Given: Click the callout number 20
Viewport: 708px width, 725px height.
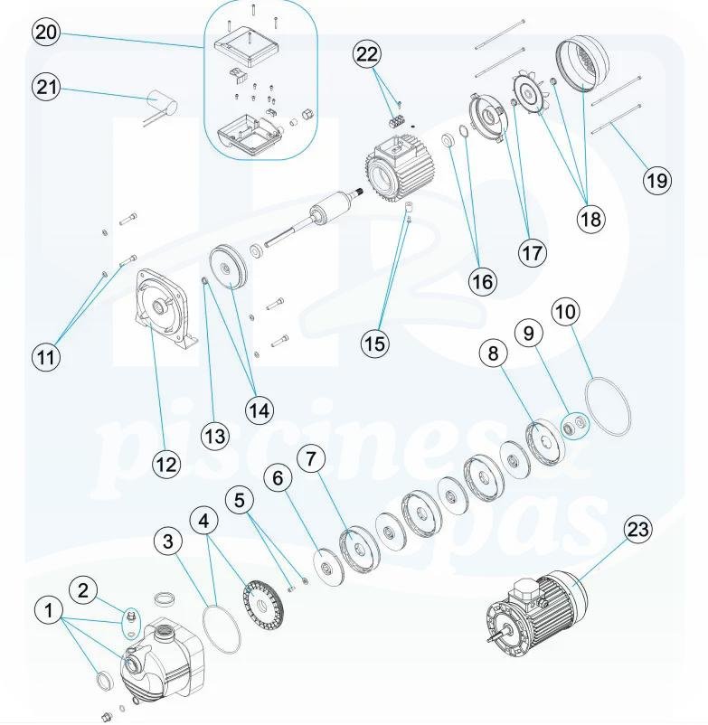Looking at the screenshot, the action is click(x=46, y=33).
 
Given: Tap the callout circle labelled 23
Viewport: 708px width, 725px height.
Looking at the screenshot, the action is click(x=637, y=529).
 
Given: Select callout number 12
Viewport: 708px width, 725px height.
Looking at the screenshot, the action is click(x=166, y=464).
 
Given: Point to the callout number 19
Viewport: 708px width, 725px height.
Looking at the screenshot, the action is click(x=657, y=179).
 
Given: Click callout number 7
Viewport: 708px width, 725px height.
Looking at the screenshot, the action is click(x=310, y=458).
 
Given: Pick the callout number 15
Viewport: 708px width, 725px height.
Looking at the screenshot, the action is click(x=375, y=344).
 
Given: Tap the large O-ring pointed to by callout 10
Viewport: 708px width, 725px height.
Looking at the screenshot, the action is click(x=608, y=405).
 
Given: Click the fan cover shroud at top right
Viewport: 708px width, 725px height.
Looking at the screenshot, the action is click(x=583, y=63).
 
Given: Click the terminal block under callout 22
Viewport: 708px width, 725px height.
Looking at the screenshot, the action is click(x=396, y=122).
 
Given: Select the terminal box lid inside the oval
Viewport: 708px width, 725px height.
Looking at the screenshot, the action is click(x=248, y=51).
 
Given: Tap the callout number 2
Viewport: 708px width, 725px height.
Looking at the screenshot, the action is click(x=83, y=590).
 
